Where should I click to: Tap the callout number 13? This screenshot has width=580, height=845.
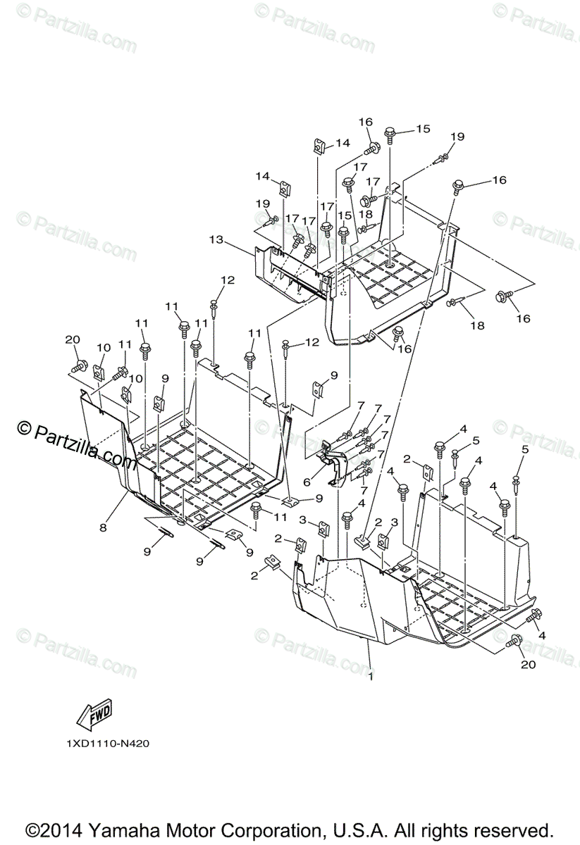coord(216,240)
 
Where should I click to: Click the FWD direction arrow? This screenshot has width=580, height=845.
coord(94,715)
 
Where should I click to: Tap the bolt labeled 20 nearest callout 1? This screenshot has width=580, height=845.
coord(514,639)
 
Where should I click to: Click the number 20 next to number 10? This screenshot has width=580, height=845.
coord(73,339)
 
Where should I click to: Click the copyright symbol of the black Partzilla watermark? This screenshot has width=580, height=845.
coord(25,428)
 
